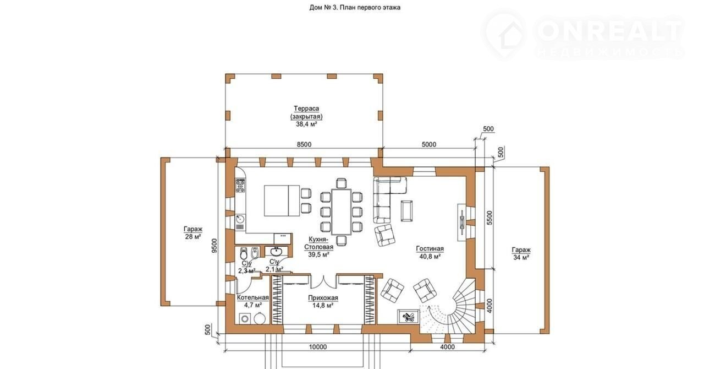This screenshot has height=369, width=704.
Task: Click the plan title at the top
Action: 355,8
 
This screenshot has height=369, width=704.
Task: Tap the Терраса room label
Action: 306,116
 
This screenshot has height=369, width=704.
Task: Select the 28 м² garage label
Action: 193,232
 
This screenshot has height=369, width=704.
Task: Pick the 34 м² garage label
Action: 521,253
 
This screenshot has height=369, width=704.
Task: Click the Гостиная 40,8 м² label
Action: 430,252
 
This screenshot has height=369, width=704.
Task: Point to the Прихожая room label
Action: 323,301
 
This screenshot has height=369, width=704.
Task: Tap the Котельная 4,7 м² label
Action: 253,301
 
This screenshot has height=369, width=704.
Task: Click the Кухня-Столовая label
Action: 318,247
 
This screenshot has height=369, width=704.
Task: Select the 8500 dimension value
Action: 304,144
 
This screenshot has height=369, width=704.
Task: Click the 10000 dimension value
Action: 318,346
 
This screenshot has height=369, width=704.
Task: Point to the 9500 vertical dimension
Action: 214,246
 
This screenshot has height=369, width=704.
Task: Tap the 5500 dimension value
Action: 490,218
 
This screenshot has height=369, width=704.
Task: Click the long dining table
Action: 342,212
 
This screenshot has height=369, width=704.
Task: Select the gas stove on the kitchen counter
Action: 240,186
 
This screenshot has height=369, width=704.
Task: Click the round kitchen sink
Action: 240,219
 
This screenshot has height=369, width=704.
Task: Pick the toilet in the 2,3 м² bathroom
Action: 244,253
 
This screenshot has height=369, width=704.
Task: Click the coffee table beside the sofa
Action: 406,211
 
